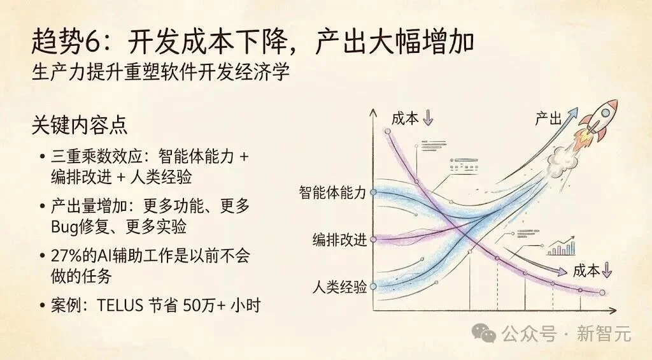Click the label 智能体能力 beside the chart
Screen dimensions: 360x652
[332, 193]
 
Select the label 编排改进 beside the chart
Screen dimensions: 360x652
[339, 240]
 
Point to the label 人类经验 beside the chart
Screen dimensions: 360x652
[339, 287]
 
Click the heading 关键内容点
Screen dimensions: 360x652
[80, 125]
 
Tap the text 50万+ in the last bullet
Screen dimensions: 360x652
[204, 305]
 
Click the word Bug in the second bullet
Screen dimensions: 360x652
[65, 226]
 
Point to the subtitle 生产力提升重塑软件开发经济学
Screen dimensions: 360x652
[160, 71]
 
